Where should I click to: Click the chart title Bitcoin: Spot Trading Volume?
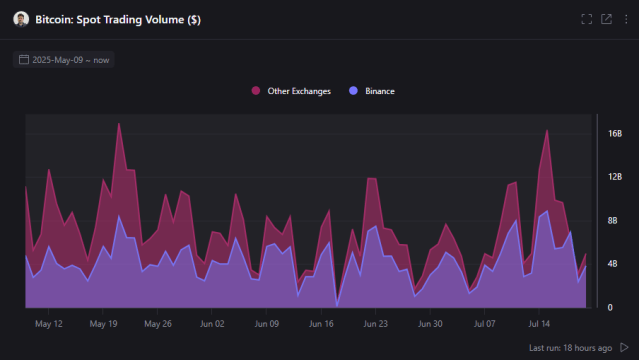pyautogui.click(x=118, y=20)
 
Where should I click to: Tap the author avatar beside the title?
pyautogui.click(x=21, y=20)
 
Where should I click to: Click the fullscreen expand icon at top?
pyautogui.click(x=587, y=19)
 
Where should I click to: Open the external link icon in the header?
pyautogui.click(x=606, y=19)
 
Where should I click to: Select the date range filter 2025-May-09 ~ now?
pyautogui.click(x=64, y=60)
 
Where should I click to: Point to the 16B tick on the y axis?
pyautogui.click(x=615, y=133)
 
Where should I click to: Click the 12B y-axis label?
pyautogui.click(x=615, y=177)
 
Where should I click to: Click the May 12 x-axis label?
pyautogui.click(x=49, y=324)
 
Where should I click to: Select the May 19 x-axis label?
pyautogui.click(x=104, y=324)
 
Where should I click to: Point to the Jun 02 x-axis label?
pyautogui.click(x=212, y=324)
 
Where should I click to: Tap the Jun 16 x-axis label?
pyautogui.click(x=321, y=324)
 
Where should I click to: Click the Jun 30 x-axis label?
pyautogui.click(x=430, y=324)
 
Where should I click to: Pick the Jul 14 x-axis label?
pyautogui.click(x=539, y=324)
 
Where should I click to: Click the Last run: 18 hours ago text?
pyautogui.click(x=570, y=347)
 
